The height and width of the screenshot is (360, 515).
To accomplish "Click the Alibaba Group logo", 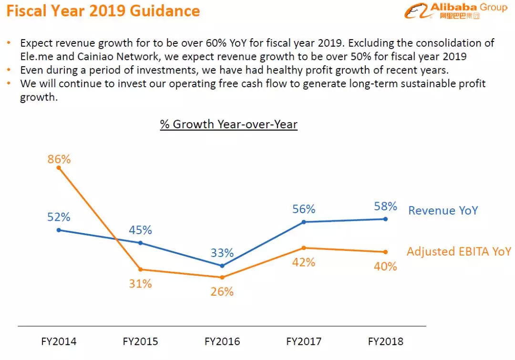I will click(455, 11).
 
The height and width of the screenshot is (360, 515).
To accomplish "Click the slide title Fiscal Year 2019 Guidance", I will click(103, 11).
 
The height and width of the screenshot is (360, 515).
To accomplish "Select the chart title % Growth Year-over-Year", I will click(229, 124).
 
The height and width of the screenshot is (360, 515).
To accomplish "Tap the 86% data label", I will click(59, 159).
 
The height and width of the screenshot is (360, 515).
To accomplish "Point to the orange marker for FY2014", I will click(59, 167).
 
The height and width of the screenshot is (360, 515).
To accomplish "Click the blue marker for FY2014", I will click(59, 230).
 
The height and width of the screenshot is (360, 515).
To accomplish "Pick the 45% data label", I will click(140, 230).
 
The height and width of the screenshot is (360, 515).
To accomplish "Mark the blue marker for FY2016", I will click(222, 266).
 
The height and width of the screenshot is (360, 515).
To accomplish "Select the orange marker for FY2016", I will click(222, 277).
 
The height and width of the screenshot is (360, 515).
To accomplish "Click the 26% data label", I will click(222, 291).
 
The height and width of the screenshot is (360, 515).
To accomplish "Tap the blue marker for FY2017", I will click(304, 222).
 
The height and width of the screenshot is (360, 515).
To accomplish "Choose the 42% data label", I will click(304, 262).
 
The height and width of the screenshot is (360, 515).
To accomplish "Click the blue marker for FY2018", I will click(385, 219).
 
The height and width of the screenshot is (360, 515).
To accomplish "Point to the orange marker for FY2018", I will click(385, 252).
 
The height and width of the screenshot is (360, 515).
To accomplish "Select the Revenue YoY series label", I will click(443, 210).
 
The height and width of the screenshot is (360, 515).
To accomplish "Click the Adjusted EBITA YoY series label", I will click(459, 251).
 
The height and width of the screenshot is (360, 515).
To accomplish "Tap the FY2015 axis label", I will click(140, 341).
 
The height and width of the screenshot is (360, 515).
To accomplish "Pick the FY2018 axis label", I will click(385, 341).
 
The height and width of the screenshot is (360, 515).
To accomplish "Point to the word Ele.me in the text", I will click(37, 57).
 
